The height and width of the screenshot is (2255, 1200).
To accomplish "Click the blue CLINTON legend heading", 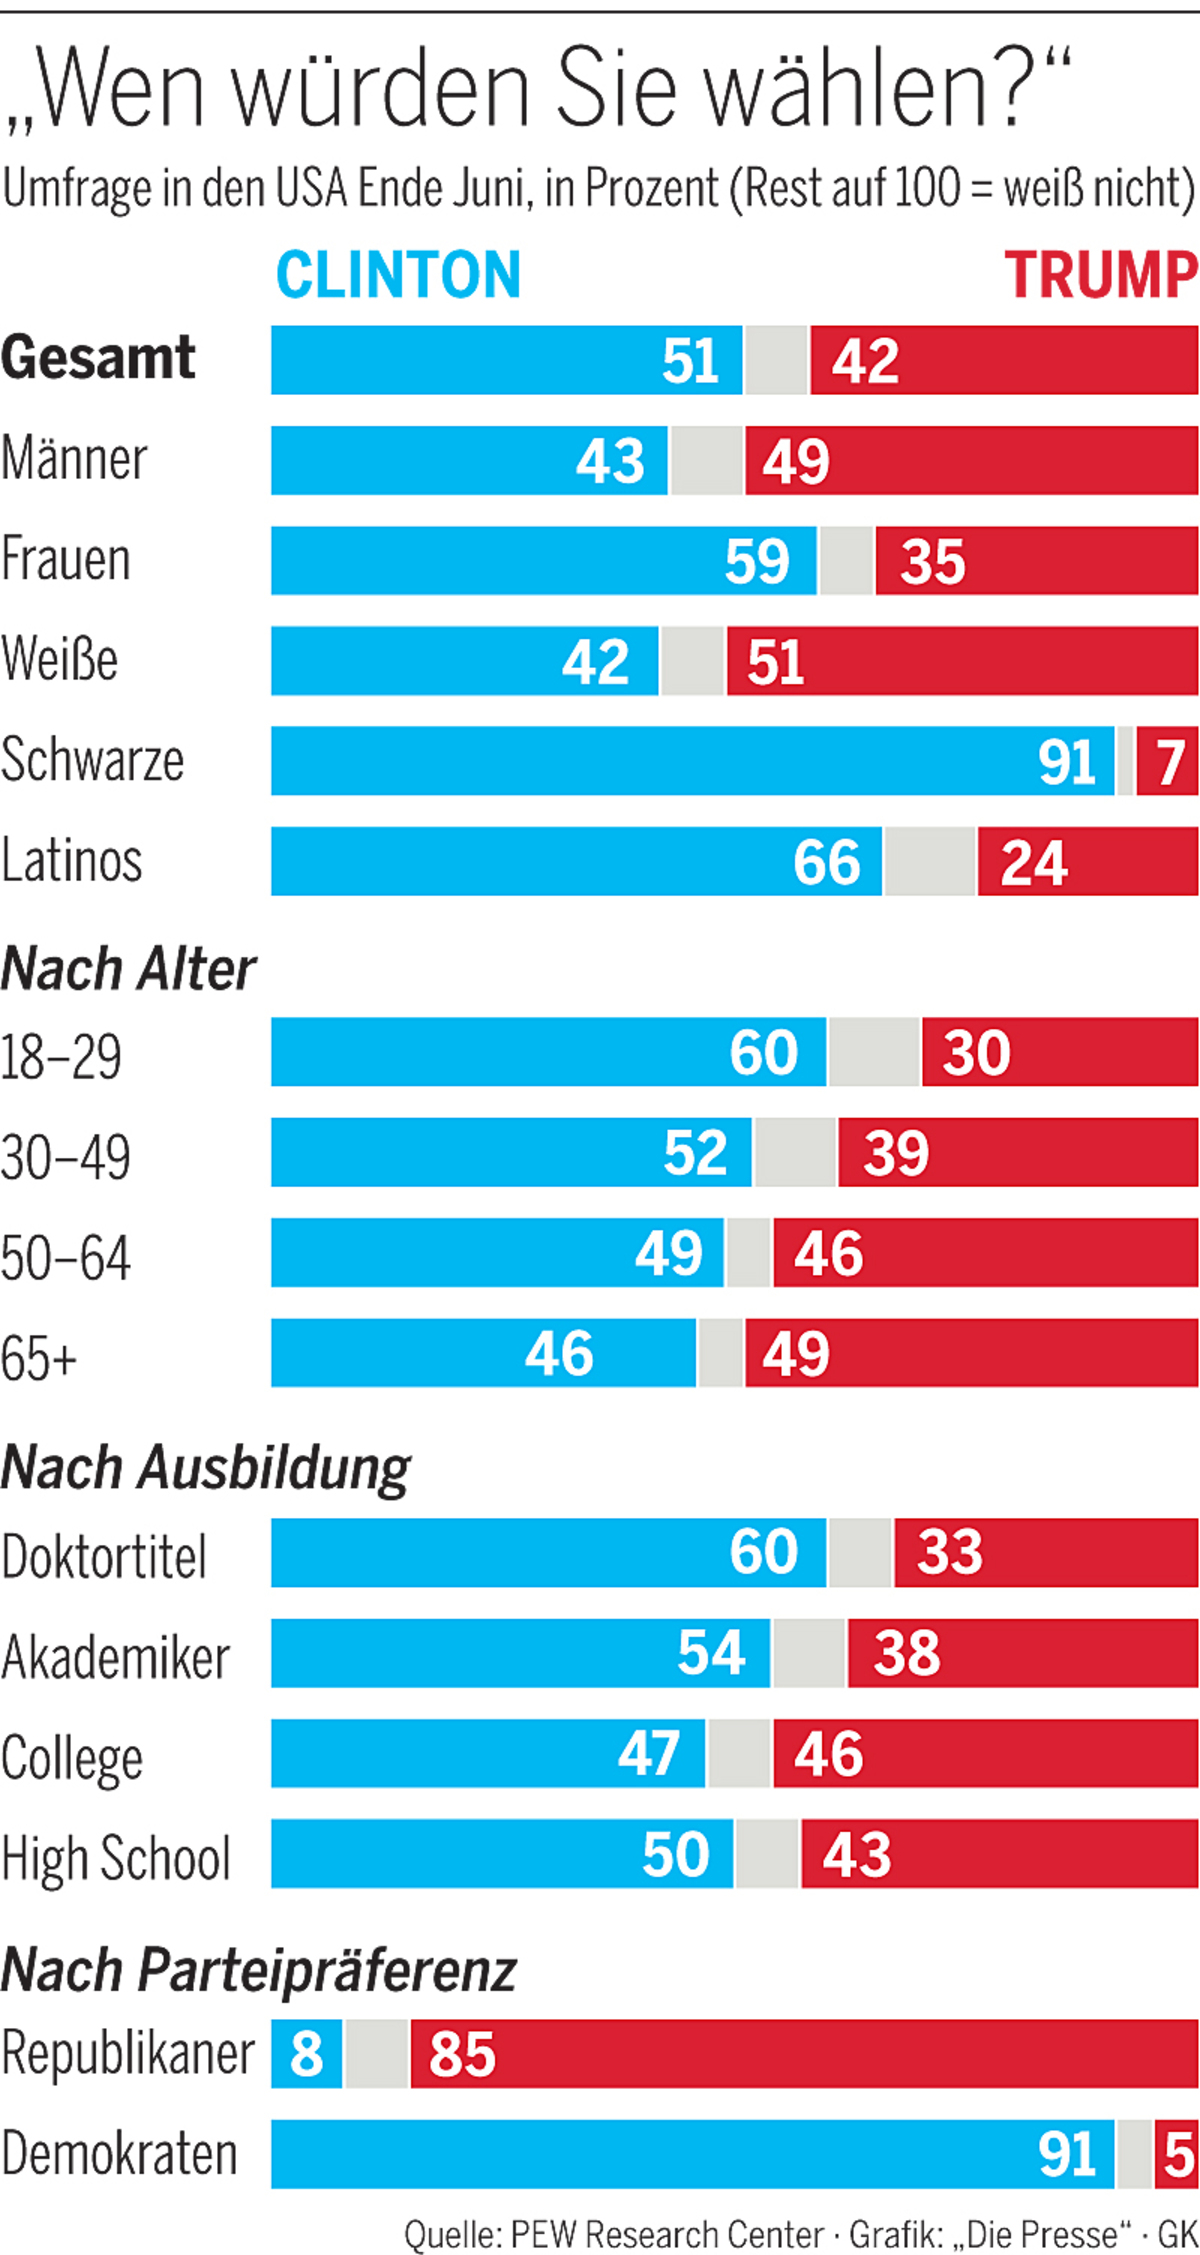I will pyautogui.click(x=398, y=275).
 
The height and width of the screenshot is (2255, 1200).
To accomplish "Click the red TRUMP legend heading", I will pyautogui.click(x=1100, y=275).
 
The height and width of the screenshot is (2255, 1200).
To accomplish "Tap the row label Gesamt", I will pyautogui.click(x=98, y=358).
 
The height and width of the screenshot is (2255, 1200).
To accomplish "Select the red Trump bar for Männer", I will pyautogui.click(x=970, y=461).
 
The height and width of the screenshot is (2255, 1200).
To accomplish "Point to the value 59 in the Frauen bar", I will pyautogui.click(x=757, y=561).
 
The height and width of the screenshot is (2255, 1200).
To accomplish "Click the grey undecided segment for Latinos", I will pyautogui.click(x=930, y=861).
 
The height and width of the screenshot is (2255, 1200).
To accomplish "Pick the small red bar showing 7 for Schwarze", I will pyautogui.click(x=1168, y=761).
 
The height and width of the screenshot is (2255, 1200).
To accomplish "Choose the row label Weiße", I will pyautogui.click(x=60, y=660).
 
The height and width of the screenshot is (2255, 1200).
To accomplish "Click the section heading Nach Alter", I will pyautogui.click(x=128, y=969).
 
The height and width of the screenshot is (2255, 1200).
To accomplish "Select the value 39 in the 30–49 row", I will pyautogui.click(x=896, y=1152).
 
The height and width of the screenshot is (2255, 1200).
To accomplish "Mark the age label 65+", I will pyautogui.click(x=39, y=1358).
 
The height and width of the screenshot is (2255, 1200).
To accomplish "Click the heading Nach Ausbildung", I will pyautogui.click(x=206, y=1468).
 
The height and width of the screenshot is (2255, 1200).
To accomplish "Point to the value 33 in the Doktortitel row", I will pyautogui.click(x=949, y=1553).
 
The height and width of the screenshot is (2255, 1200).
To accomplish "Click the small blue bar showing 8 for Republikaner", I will pyautogui.click(x=306, y=2053).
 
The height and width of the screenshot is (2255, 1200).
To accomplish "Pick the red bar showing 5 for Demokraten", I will pyautogui.click(x=1177, y=2153).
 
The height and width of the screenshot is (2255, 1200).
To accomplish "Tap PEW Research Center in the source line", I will pyautogui.click(x=666, y=2233).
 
